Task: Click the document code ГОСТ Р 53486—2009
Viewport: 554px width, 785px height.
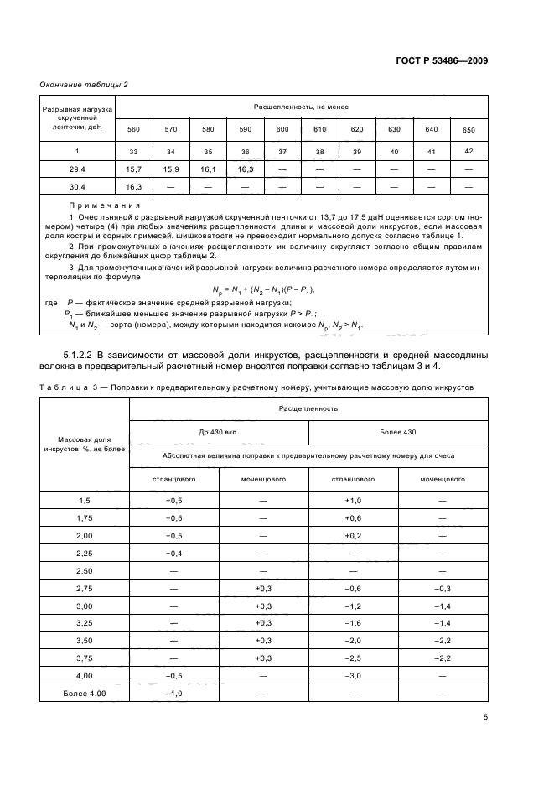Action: pyautogui.click(x=444, y=60)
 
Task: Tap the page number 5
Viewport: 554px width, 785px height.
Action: pyautogui.click(x=485, y=718)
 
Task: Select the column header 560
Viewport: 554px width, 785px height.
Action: pyautogui.click(x=133, y=129)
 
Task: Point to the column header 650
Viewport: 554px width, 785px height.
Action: pyautogui.click(x=468, y=130)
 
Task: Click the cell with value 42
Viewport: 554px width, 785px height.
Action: pyautogui.click(x=468, y=151)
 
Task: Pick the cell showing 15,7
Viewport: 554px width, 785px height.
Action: pyautogui.click(x=133, y=169)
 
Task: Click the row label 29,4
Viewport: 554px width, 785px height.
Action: pyautogui.click(x=77, y=169)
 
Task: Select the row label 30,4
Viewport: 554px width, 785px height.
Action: pyautogui.click(x=77, y=187)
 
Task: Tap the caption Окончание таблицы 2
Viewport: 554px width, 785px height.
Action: pyautogui.click(x=84, y=84)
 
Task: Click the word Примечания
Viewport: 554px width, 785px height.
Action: pyautogui.click(x=105, y=205)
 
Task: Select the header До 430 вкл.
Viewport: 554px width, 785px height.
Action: pyautogui.click(x=219, y=432)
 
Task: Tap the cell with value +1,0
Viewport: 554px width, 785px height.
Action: pyautogui.click(x=353, y=500)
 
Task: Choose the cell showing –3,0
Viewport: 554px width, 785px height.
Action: pyautogui.click(x=353, y=676)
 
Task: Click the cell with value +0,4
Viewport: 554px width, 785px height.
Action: pyautogui.click(x=173, y=553)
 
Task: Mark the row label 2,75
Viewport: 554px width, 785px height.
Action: pyautogui.click(x=84, y=588)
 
